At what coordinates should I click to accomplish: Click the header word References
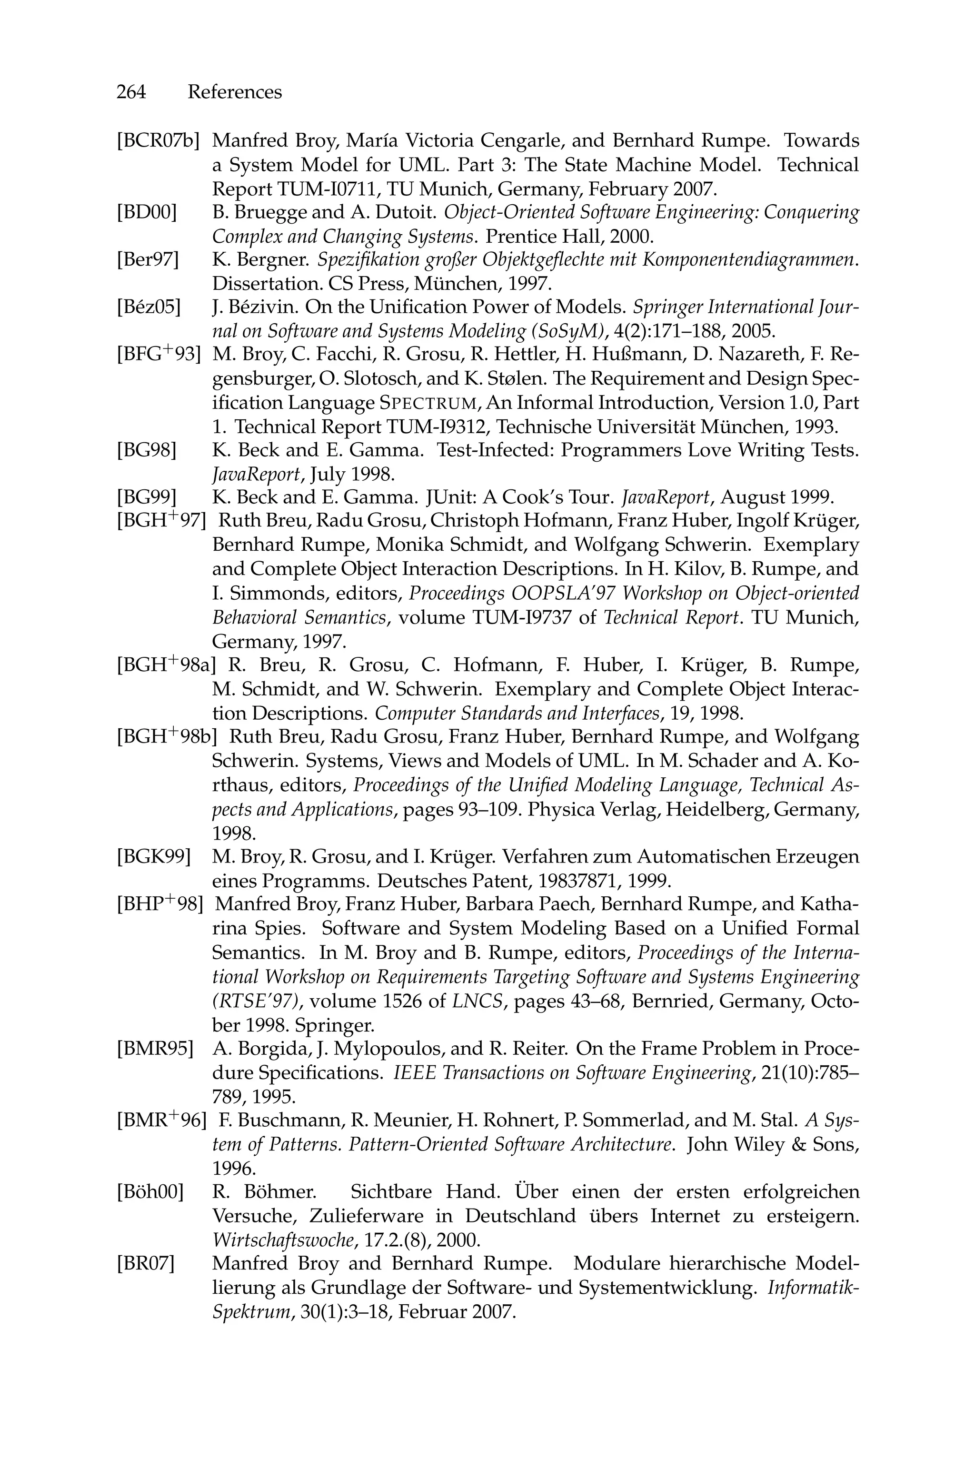(x=234, y=92)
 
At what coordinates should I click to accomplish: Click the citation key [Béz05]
(x=149, y=307)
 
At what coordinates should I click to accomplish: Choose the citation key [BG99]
(x=146, y=497)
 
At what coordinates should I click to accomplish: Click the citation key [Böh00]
(x=150, y=1192)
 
